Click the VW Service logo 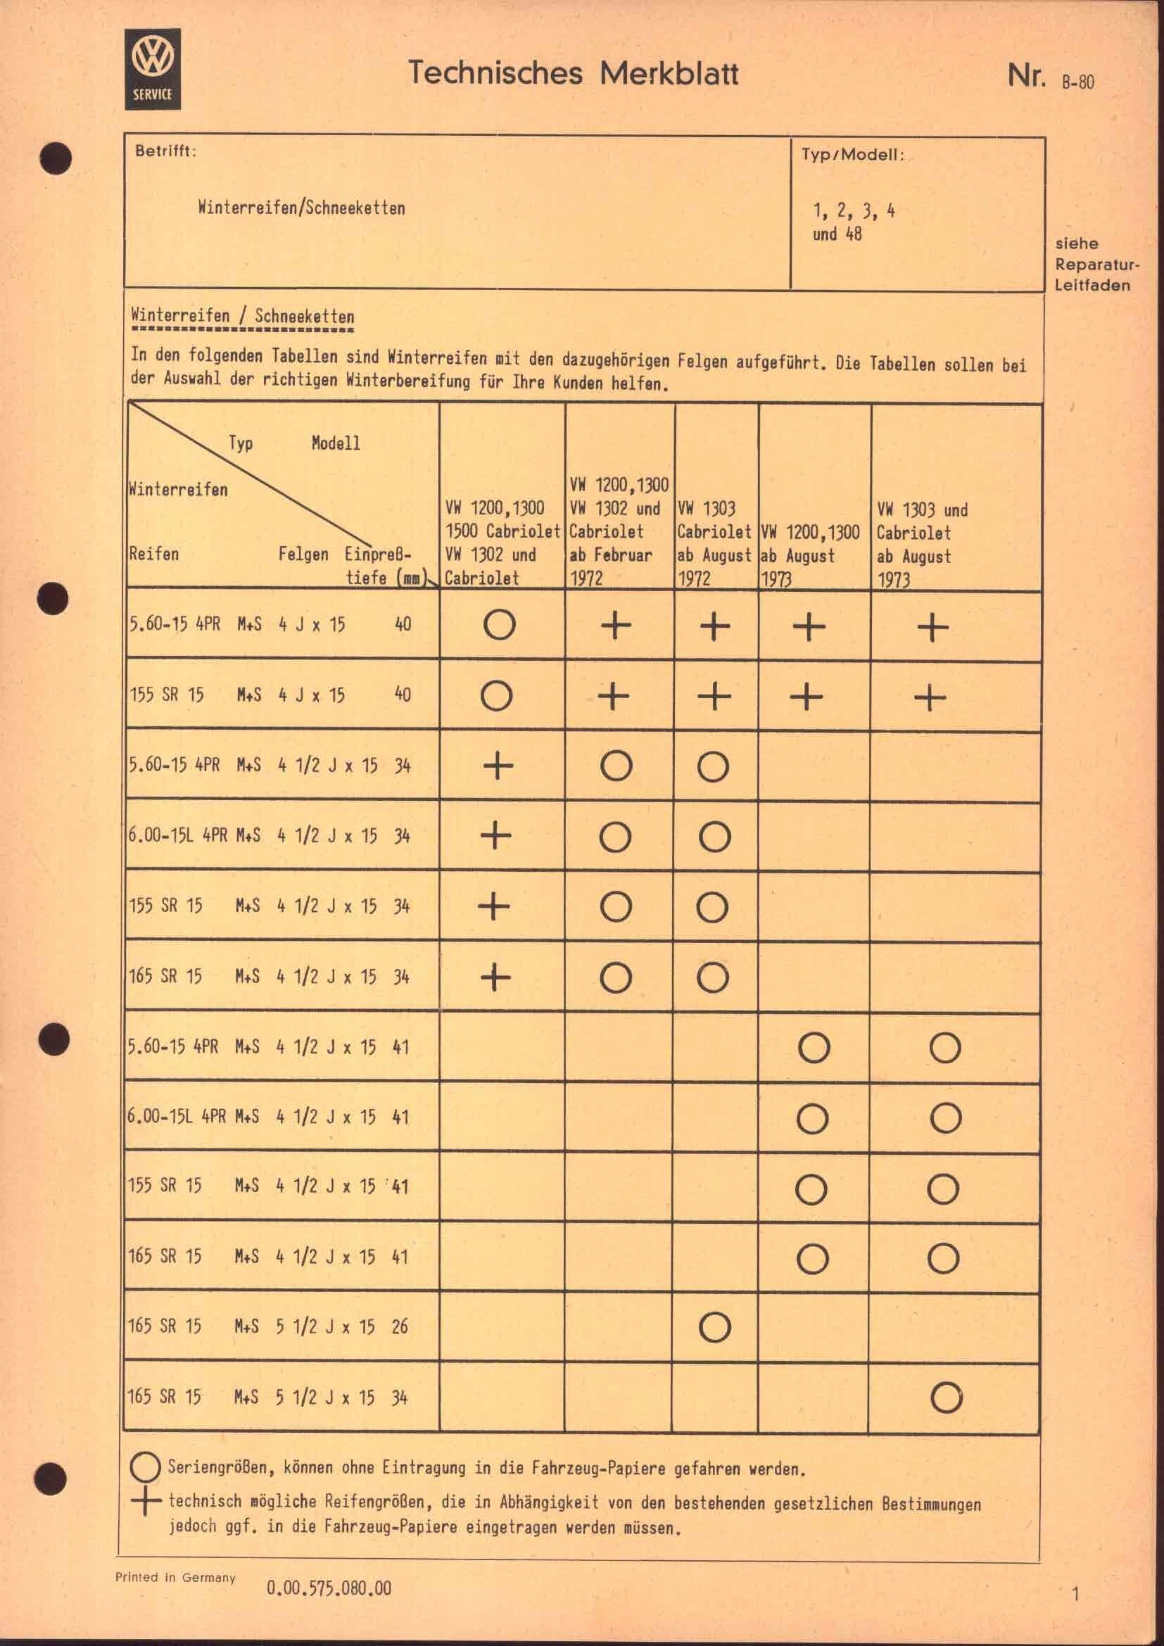(x=153, y=70)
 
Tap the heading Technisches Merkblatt (x=573, y=74)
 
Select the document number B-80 (x=1077, y=82)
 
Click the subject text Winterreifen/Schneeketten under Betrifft (x=301, y=208)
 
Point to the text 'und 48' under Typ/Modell (x=837, y=234)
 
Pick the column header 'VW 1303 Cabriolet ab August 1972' (x=714, y=543)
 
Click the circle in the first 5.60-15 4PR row (x=499, y=624)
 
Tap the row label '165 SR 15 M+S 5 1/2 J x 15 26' (x=267, y=1327)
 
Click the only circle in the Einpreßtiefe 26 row (x=714, y=1327)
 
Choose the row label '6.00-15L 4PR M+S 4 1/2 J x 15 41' (x=267, y=1116)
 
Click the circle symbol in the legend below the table (x=146, y=1468)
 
